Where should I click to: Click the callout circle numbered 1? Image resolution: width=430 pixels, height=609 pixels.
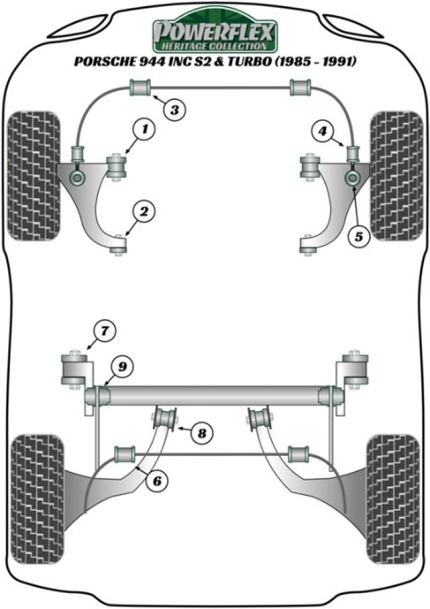point(144,129)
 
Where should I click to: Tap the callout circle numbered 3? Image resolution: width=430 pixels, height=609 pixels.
point(174,109)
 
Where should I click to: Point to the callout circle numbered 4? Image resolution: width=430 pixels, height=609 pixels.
point(322,129)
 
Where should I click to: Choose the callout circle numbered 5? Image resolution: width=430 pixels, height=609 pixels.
point(358,236)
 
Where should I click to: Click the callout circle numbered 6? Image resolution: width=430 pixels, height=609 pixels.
point(156,480)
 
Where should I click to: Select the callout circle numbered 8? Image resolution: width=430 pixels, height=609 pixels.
point(202,432)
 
